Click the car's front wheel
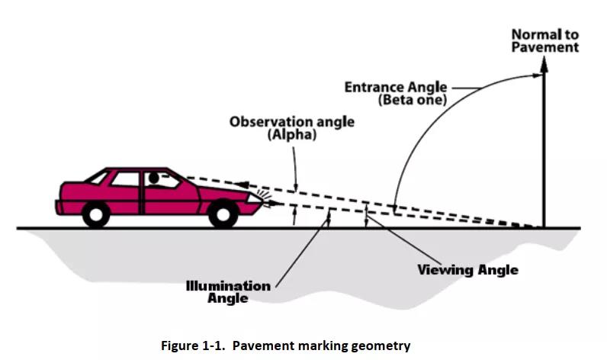click(x=222, y=213)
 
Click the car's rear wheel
click(x=96, y=213)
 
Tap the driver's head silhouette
click(x=153, y=178)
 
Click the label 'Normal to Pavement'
click(x=544, y=40)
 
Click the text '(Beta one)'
click(x=412, y=100)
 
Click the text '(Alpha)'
click(x=291, y=135)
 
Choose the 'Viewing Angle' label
click(x=467, y=270)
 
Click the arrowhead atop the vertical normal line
click(x=544, y=64)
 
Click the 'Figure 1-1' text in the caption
click(x=194, y=346)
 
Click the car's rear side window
click(x=125, y=179)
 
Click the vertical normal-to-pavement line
click(x=544, y=153)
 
